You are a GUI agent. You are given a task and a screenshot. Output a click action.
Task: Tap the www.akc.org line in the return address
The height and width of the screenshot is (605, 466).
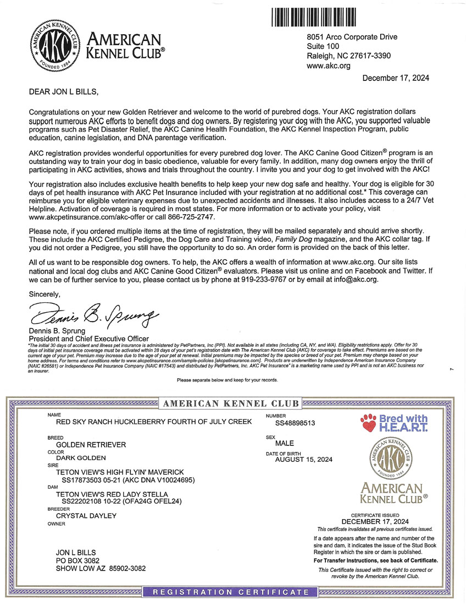[328, 66]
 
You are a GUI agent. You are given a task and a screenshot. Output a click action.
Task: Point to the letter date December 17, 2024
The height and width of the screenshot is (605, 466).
[396, 78]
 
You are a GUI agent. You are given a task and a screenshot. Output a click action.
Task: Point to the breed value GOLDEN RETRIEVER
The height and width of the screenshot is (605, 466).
[91, 444]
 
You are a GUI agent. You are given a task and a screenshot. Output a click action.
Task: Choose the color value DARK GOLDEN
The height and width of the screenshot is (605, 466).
[81, 457]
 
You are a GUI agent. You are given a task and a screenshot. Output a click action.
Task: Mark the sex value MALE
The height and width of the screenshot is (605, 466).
[285, 443]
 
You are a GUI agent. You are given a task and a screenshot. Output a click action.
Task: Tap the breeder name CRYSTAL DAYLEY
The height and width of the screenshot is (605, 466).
[87, 516]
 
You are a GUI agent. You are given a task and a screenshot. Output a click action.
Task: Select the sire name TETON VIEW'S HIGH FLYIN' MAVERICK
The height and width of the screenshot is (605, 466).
[120, 472]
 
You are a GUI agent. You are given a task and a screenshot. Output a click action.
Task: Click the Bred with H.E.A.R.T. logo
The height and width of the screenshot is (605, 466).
[394, 423]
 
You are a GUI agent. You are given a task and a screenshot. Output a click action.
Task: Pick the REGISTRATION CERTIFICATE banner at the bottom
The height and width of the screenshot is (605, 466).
[231, 592]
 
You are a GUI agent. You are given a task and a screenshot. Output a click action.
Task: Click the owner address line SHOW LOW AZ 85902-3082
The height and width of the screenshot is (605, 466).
[101, 568]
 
